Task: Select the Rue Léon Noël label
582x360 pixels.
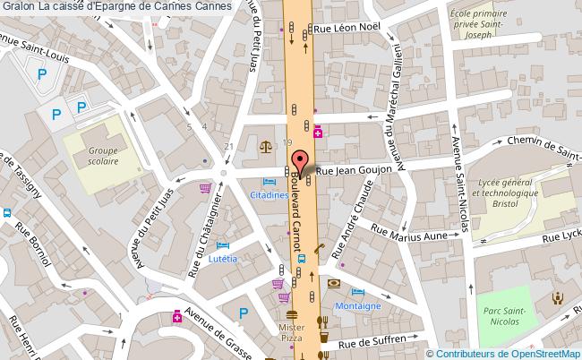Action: pos(356,29)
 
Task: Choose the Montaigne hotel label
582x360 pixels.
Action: pos(360,304)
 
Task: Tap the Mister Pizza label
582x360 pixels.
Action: pos(291,332)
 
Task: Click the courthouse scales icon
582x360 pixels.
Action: pos(266,143)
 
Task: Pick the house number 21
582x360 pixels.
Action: pos(229,146)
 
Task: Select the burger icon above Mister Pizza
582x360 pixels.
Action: pos(291,314)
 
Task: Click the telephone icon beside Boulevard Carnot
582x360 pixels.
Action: pos(319,249)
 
